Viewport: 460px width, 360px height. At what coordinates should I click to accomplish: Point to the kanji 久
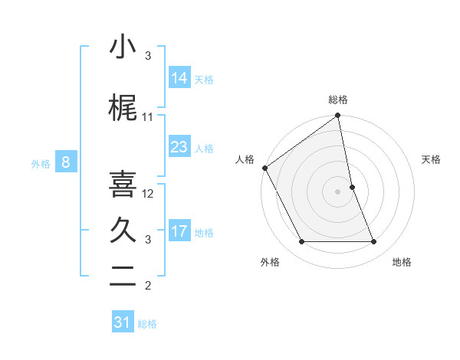(x=123, y=231)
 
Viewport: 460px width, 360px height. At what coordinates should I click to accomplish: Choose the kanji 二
(x=123, y=278)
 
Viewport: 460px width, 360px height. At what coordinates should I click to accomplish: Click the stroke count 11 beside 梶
(x=148, y=117)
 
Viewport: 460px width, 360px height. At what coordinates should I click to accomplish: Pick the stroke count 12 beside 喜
(x=149, y=193)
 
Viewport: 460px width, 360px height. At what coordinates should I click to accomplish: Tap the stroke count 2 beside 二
(x=148, y=286)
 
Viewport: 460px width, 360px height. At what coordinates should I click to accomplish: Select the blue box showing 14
(x=179, y=77)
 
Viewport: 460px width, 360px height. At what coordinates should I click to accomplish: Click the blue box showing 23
(x=179, y=146)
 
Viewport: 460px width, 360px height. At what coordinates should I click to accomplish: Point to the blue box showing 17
(x=179, y=231)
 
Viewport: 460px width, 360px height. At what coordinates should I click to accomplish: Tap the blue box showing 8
(x=66, y=162)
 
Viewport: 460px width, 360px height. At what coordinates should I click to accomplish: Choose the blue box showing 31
(x=123, y=322)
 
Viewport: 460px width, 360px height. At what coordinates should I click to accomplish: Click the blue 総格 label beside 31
(x=147, y=324)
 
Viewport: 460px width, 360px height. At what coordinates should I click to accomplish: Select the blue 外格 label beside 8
(x=41, y=163)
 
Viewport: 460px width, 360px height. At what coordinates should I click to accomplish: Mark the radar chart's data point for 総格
(x=338, y=116)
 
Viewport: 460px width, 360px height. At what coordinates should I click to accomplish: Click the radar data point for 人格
(x=264, y=168)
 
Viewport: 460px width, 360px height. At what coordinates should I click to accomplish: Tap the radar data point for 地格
(x=374, y=242)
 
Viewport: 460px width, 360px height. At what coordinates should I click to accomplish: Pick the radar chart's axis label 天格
(x=432, y=159)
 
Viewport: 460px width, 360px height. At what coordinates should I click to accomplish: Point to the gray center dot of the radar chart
(x=338, y=191)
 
